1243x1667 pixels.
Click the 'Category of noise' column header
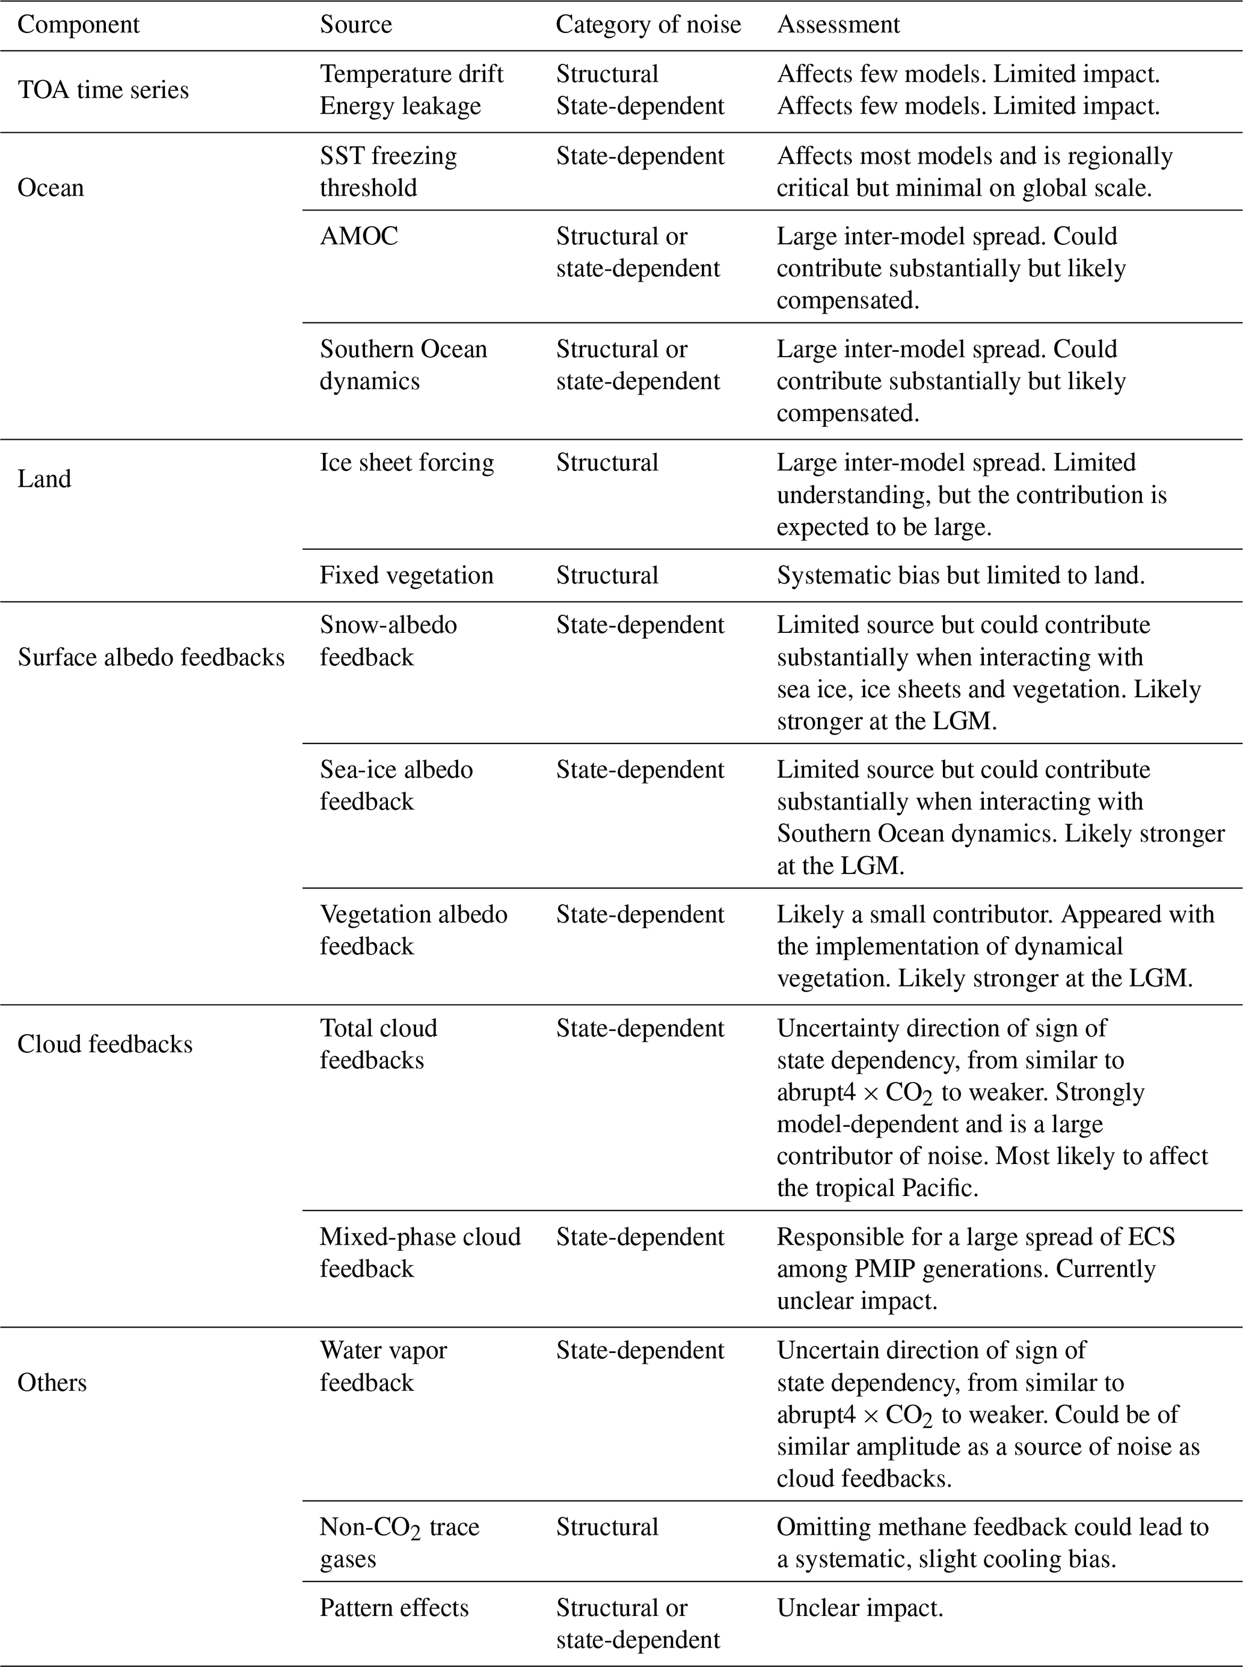point(648,25)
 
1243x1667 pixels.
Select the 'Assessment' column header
point(838,25)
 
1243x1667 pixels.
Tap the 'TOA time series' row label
point(103,90)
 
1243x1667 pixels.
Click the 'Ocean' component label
point(51,188)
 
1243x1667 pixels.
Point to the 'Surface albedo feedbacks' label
point(151,657)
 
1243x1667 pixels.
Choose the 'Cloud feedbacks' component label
point(105,1044)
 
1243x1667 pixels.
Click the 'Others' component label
point(52,1382)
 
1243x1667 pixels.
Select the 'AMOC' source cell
point(359,236)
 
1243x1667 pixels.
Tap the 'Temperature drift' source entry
point(411,74)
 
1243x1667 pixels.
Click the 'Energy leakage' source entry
point(401,106)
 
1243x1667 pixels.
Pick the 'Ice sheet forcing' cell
point(407,462)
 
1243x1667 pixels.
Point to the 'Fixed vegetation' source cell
point(407,575)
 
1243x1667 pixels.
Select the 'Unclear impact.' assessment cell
point(859,1607)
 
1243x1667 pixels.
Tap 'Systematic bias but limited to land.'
point(960,575)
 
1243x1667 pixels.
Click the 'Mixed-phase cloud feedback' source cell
point(420,1253)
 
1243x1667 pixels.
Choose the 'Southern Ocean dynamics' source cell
point(404,365)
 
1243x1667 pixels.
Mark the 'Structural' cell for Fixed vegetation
point(607,575)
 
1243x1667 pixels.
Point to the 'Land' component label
point(45,479)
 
